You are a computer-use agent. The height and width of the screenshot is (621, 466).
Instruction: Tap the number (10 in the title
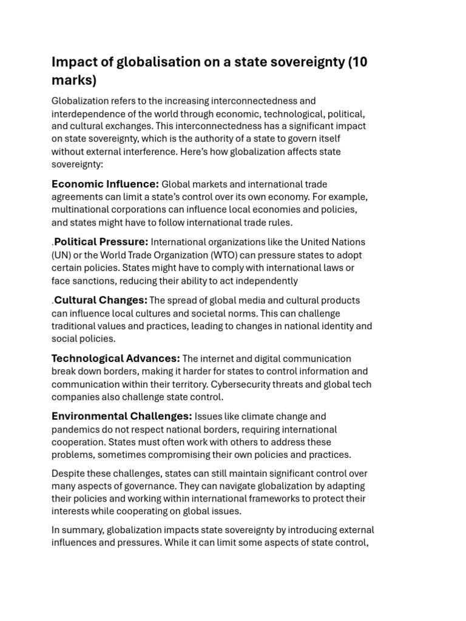click(x=358, y=62)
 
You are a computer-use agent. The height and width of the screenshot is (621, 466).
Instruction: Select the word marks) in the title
click(x=74, y=81)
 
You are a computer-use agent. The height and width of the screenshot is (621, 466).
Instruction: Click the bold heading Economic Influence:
click(x=105, y=184)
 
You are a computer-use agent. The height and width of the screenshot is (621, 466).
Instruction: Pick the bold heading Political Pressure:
click(x=101, y=242)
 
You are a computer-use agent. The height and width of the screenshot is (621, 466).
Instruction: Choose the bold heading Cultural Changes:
click(x=101, y=300)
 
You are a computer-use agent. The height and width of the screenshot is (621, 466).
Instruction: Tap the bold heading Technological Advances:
click(x=115, y=358)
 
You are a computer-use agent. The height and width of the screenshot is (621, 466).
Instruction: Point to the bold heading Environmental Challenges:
click(x=121, y=417)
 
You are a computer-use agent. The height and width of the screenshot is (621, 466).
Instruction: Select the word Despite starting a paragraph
click(x=68, y=473)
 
